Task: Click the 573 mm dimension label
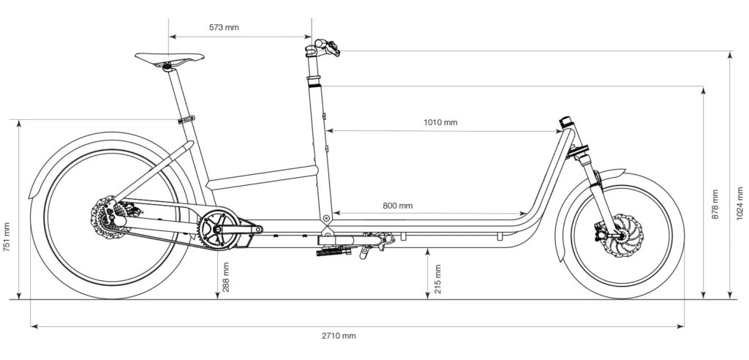coord(224,27)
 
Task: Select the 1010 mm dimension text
coord(440,122)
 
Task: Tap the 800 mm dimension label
coord(397,206)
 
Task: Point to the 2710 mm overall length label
coord(338,336)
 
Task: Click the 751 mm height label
coord(7,237)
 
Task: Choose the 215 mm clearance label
coord(438,279)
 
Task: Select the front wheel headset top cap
coord(564,121)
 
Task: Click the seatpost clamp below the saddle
coord(169,67)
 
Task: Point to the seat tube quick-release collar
coord(187,120)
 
